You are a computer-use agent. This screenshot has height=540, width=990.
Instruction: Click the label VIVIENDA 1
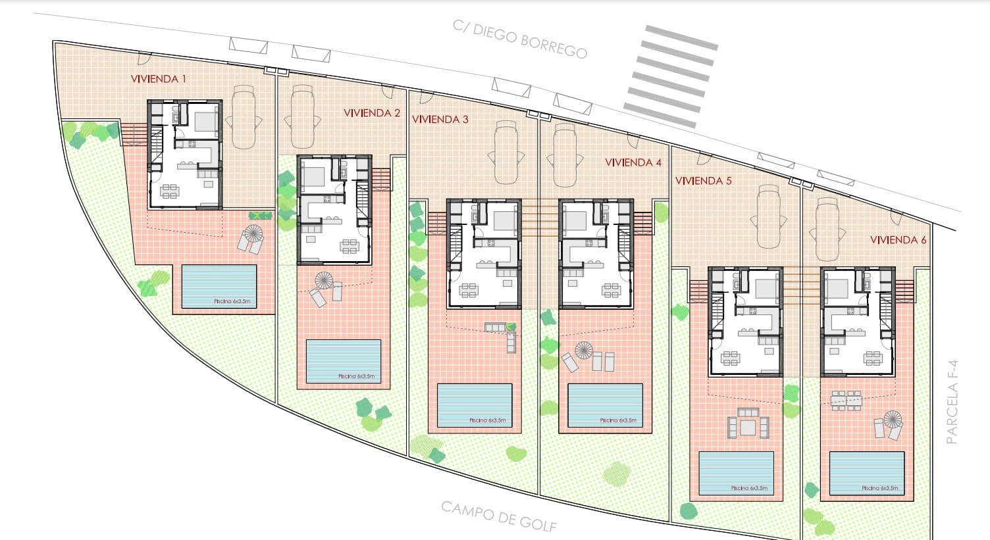pos(158,79)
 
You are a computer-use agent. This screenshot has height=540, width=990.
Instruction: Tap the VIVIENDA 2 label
pos(371,112)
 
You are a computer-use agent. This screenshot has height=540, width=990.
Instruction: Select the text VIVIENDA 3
pos(440,119)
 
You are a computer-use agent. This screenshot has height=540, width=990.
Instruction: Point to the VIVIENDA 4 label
pos(633,162)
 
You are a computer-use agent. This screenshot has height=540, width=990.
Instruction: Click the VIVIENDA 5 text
pos(703,180)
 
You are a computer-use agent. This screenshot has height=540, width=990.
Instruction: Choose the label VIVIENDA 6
pos(898,240)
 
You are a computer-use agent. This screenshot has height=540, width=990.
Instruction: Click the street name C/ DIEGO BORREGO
pos(519,39)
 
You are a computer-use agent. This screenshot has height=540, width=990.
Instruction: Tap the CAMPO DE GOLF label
pos(498,516)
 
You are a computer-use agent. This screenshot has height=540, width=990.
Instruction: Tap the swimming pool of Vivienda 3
pos(475,405)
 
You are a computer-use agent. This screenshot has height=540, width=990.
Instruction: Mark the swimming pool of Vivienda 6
pos(866,472)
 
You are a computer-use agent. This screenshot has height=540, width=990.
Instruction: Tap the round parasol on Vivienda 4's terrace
pos(584,350)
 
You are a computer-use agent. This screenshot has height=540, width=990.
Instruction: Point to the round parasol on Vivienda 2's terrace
pos(324,281)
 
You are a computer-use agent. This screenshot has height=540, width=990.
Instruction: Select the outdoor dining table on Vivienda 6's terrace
pos(846,399)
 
